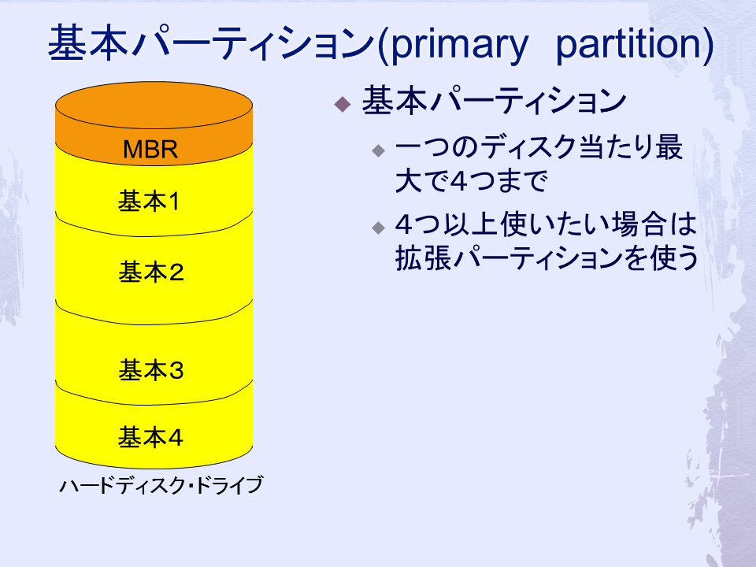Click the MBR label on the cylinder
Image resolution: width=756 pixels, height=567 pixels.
150,150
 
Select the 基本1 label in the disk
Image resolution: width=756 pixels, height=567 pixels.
149,201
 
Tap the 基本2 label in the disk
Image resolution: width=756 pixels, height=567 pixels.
151,272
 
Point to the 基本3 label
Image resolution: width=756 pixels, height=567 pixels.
151,370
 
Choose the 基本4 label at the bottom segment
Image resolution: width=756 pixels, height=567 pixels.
150,437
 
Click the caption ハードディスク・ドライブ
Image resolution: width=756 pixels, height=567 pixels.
161,485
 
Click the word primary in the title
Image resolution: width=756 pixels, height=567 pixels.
459,44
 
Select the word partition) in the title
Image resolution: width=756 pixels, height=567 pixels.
634,44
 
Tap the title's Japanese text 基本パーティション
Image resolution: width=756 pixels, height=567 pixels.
211,43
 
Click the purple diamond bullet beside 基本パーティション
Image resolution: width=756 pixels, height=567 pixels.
343,104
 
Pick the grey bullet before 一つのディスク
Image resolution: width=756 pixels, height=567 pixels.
379,150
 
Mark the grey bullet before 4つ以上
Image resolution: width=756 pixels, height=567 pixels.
379,227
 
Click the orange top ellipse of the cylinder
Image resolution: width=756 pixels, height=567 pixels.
154,105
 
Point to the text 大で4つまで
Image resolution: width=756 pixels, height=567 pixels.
471,181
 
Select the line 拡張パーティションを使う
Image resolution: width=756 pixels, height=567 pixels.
547,258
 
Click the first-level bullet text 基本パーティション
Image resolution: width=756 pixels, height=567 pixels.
494,101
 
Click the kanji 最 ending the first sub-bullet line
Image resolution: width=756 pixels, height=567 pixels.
669,147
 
